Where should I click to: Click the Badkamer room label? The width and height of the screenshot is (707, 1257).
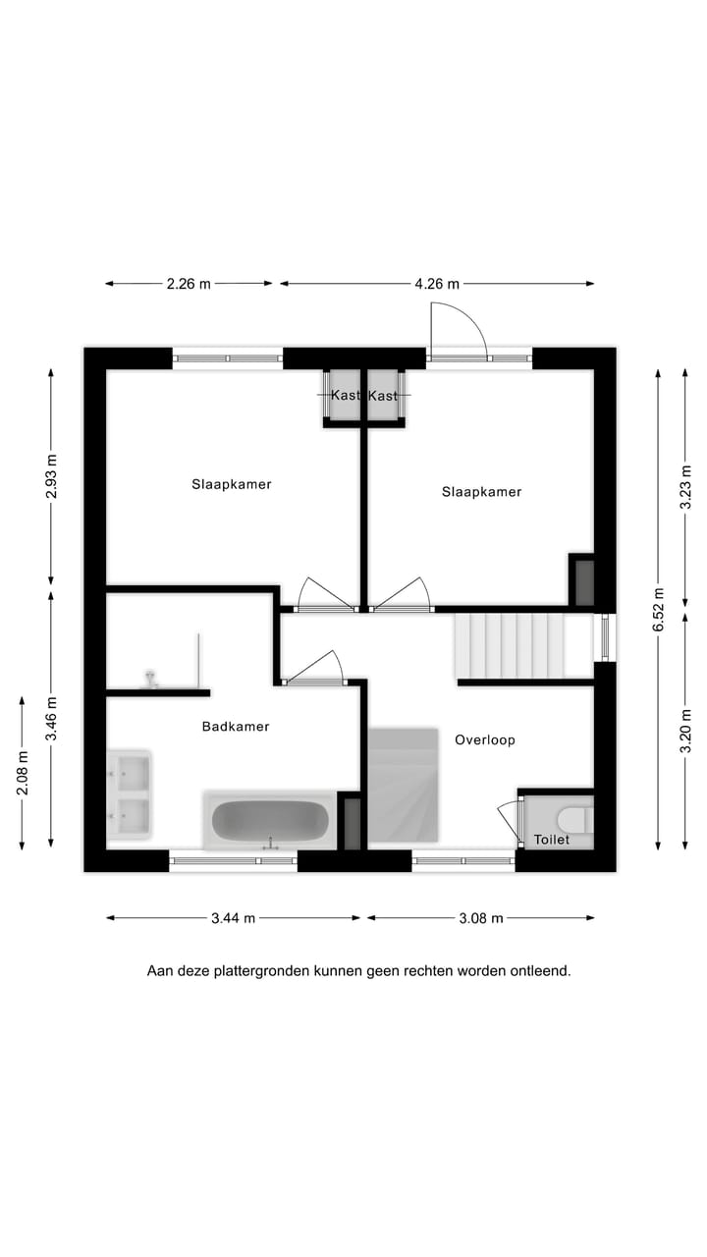[x=236, y=727]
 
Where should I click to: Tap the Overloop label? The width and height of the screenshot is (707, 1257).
[x=485, y=739]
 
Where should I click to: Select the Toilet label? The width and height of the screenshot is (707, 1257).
[x=551, y=840]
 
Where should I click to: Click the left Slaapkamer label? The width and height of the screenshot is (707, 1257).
[x=232, y=484]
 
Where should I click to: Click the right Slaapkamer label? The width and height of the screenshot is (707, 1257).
[x=481, y=492]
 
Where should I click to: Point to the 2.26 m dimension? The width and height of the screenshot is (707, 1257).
[x=189, y=284]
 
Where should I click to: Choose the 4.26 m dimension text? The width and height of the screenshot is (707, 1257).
[x=437, y=284]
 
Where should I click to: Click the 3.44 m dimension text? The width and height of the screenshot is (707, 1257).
[x=233, y=918]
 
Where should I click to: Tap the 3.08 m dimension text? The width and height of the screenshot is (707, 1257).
[x=481, y=918]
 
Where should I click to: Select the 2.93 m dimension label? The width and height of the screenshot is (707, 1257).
[x=51, y=476]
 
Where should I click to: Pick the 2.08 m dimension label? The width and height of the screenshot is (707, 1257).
[x=22, y=772]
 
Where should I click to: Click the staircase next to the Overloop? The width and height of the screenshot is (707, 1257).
[x=511, y=645]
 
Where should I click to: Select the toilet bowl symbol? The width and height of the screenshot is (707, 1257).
[x=572, y=818]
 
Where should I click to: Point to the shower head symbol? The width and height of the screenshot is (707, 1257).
[x=151, y=679]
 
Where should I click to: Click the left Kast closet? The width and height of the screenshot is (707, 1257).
[x=344, y=396]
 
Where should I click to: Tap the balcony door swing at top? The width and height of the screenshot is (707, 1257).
[x=458, y=331]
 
